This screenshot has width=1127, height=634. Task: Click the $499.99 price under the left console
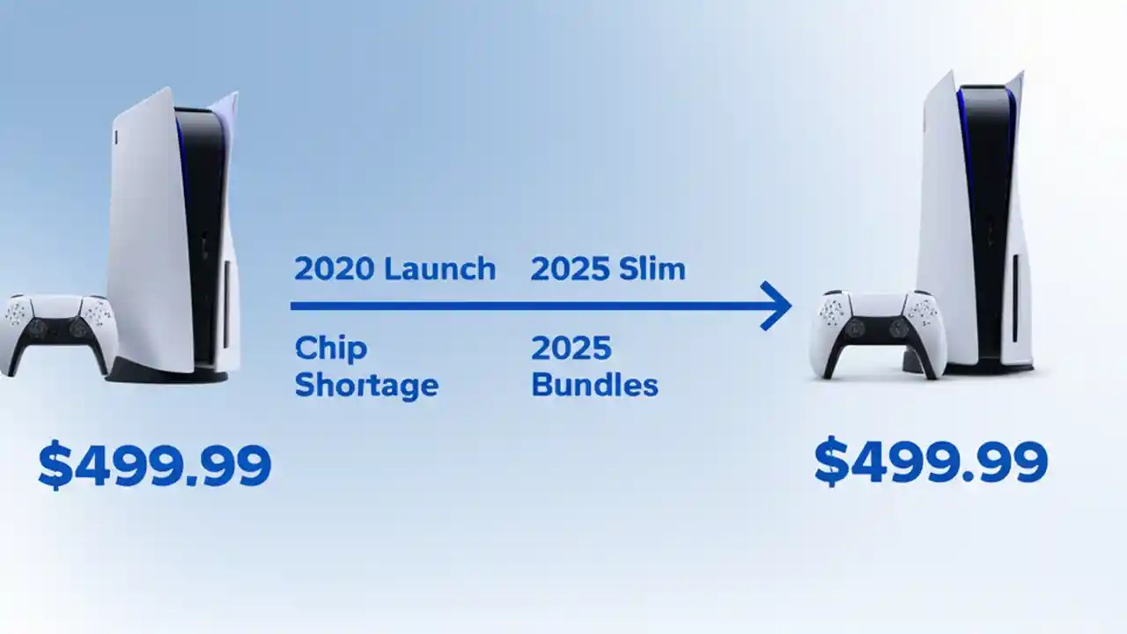tap(155, 466)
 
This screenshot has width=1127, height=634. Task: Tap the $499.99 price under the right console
tap(931, 461)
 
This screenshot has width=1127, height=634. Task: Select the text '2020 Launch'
tap(394, 269)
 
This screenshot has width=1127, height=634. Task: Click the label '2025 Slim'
tap(608, 269)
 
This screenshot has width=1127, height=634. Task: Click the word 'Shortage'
tap(366, 385)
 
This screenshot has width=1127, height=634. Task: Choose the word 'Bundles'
tap(594, 385)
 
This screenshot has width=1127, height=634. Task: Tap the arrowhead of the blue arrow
tap(778, 306)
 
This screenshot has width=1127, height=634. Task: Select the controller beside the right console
tap(880, 330)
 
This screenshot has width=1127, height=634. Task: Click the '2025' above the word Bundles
tap(571, 349)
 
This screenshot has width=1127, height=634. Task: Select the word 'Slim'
tap(652, 269)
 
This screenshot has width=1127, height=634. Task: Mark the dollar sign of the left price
tap(55, 467)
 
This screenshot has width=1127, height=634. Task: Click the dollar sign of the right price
tap(830, 462)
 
